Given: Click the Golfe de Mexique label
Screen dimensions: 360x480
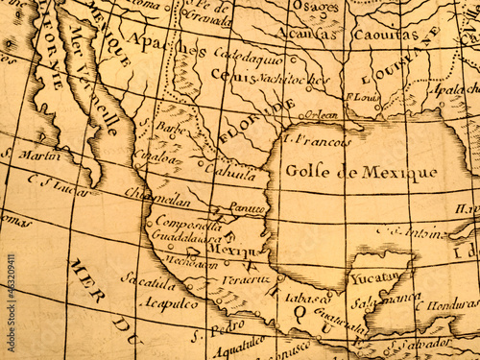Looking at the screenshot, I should pyautogui.click(x=360, y=172).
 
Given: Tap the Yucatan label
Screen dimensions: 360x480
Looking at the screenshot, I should pyautogui.click(x=375, y=277).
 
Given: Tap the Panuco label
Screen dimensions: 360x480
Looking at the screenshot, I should pyautogui.click(x=248, y=207).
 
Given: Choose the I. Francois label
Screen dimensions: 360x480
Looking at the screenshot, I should pyautogui.click(x=320, y=140).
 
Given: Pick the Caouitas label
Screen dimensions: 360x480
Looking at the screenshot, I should pyautogui.click(x=385, y=35).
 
